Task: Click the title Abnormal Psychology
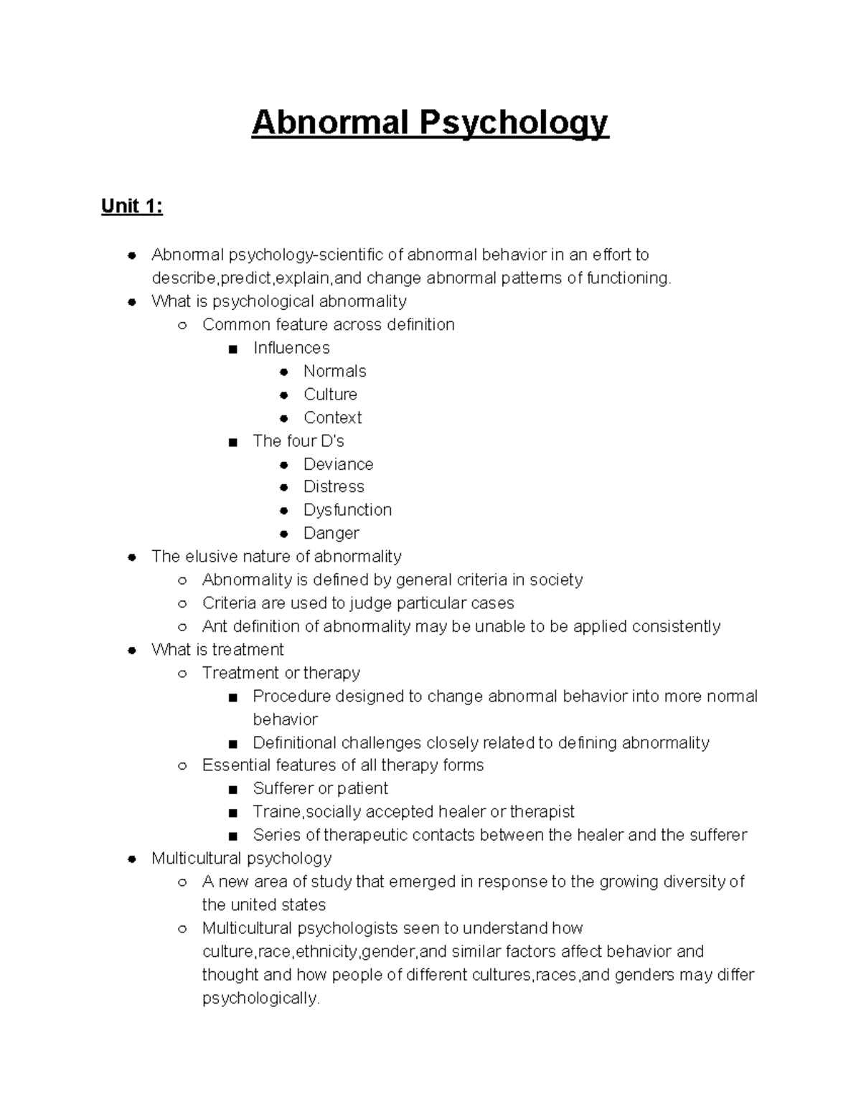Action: [x=430, y=123]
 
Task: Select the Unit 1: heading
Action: [x=132, y=207]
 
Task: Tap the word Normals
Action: [x=334, y=371]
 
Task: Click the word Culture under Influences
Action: [x=330, y=395]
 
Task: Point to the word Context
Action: [x=332, y=417]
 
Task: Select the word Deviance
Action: [x=338, y=464]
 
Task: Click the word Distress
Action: [x=334, y=486]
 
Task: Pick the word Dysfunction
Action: [x=347, y=510]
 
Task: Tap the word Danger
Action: [x=331, y=533]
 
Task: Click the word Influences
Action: [x=291, y=348]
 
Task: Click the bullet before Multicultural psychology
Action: [x=132, y=859]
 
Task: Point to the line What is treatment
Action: [x=217, y=650]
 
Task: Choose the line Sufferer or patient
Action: [x=320, y=788]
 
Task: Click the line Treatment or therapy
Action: [x=281, y=673]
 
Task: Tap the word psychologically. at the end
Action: [x=260, y=998]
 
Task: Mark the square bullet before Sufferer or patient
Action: [x=232, y=790]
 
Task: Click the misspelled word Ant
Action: [x=215, y=626]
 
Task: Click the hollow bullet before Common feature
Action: [x=182, y=326]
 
